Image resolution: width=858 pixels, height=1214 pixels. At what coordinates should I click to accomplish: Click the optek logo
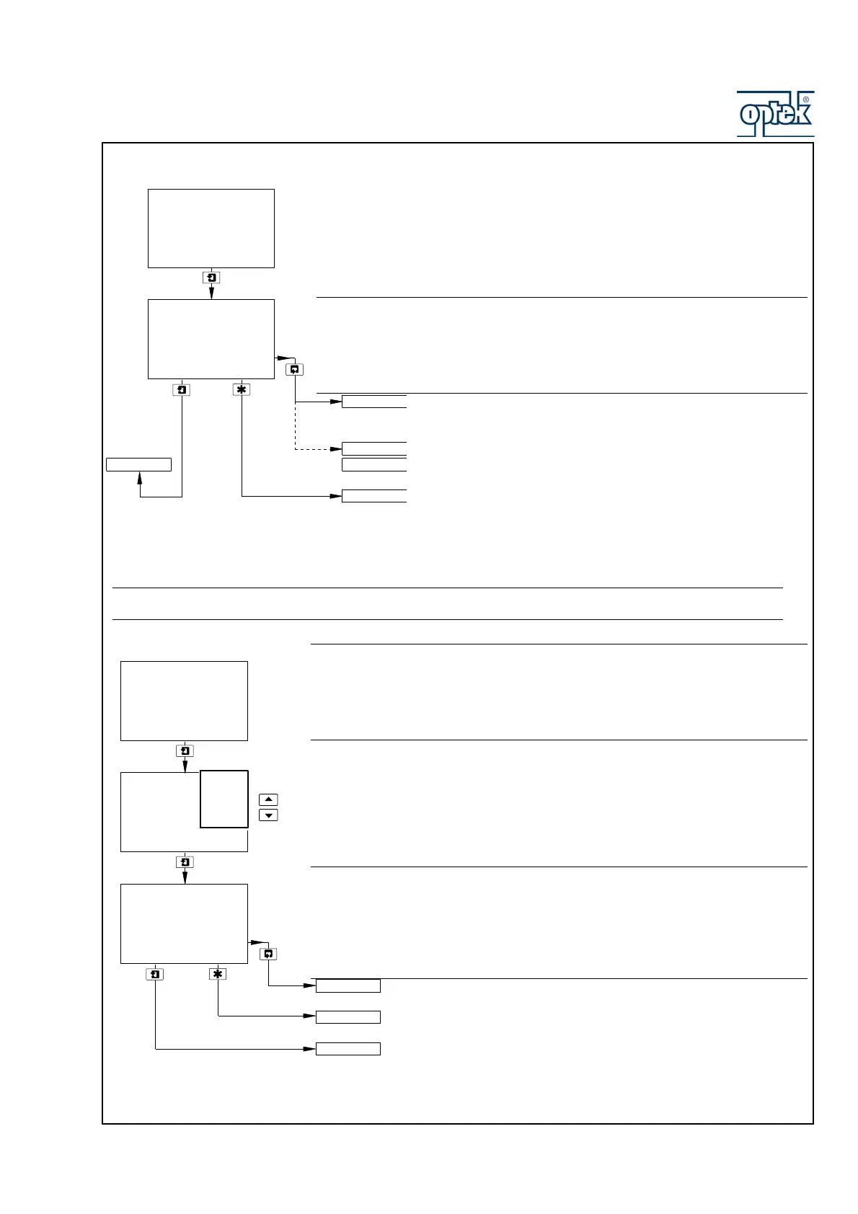pos(774,114)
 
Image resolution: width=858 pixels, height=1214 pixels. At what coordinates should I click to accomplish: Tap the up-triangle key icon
pos(267,799)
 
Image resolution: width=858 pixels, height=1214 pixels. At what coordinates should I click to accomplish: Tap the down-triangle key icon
pos(267,815)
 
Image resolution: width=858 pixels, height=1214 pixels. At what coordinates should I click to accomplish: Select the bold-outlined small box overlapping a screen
pos(224,799)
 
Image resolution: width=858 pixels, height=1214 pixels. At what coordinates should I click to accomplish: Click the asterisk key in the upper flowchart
pos(242,389)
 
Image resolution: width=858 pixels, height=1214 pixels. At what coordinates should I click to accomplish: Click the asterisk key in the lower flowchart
pos(218,974)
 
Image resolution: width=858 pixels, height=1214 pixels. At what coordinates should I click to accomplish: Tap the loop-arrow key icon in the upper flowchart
pos(294,369)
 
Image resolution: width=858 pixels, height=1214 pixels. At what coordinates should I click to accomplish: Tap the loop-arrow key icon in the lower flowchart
pos(268,954)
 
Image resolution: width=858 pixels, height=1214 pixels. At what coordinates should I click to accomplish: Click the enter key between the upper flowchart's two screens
pos(211,278)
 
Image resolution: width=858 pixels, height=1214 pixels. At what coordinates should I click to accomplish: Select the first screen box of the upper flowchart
pos(211,229)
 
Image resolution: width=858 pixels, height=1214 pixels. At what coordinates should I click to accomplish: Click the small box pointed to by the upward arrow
pos(138,464)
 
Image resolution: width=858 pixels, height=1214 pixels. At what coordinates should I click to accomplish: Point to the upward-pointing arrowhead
pos(140,477)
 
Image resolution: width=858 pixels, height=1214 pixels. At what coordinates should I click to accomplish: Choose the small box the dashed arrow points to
pos(374,448)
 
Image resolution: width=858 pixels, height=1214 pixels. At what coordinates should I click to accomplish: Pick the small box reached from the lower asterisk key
pos(348,1017)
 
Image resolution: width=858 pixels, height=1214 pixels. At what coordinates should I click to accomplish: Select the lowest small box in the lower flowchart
pos(348,1049)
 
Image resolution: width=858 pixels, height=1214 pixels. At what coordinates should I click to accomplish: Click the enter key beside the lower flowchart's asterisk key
pos(155,974)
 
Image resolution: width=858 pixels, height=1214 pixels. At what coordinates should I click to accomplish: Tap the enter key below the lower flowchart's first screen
pos(185,751)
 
